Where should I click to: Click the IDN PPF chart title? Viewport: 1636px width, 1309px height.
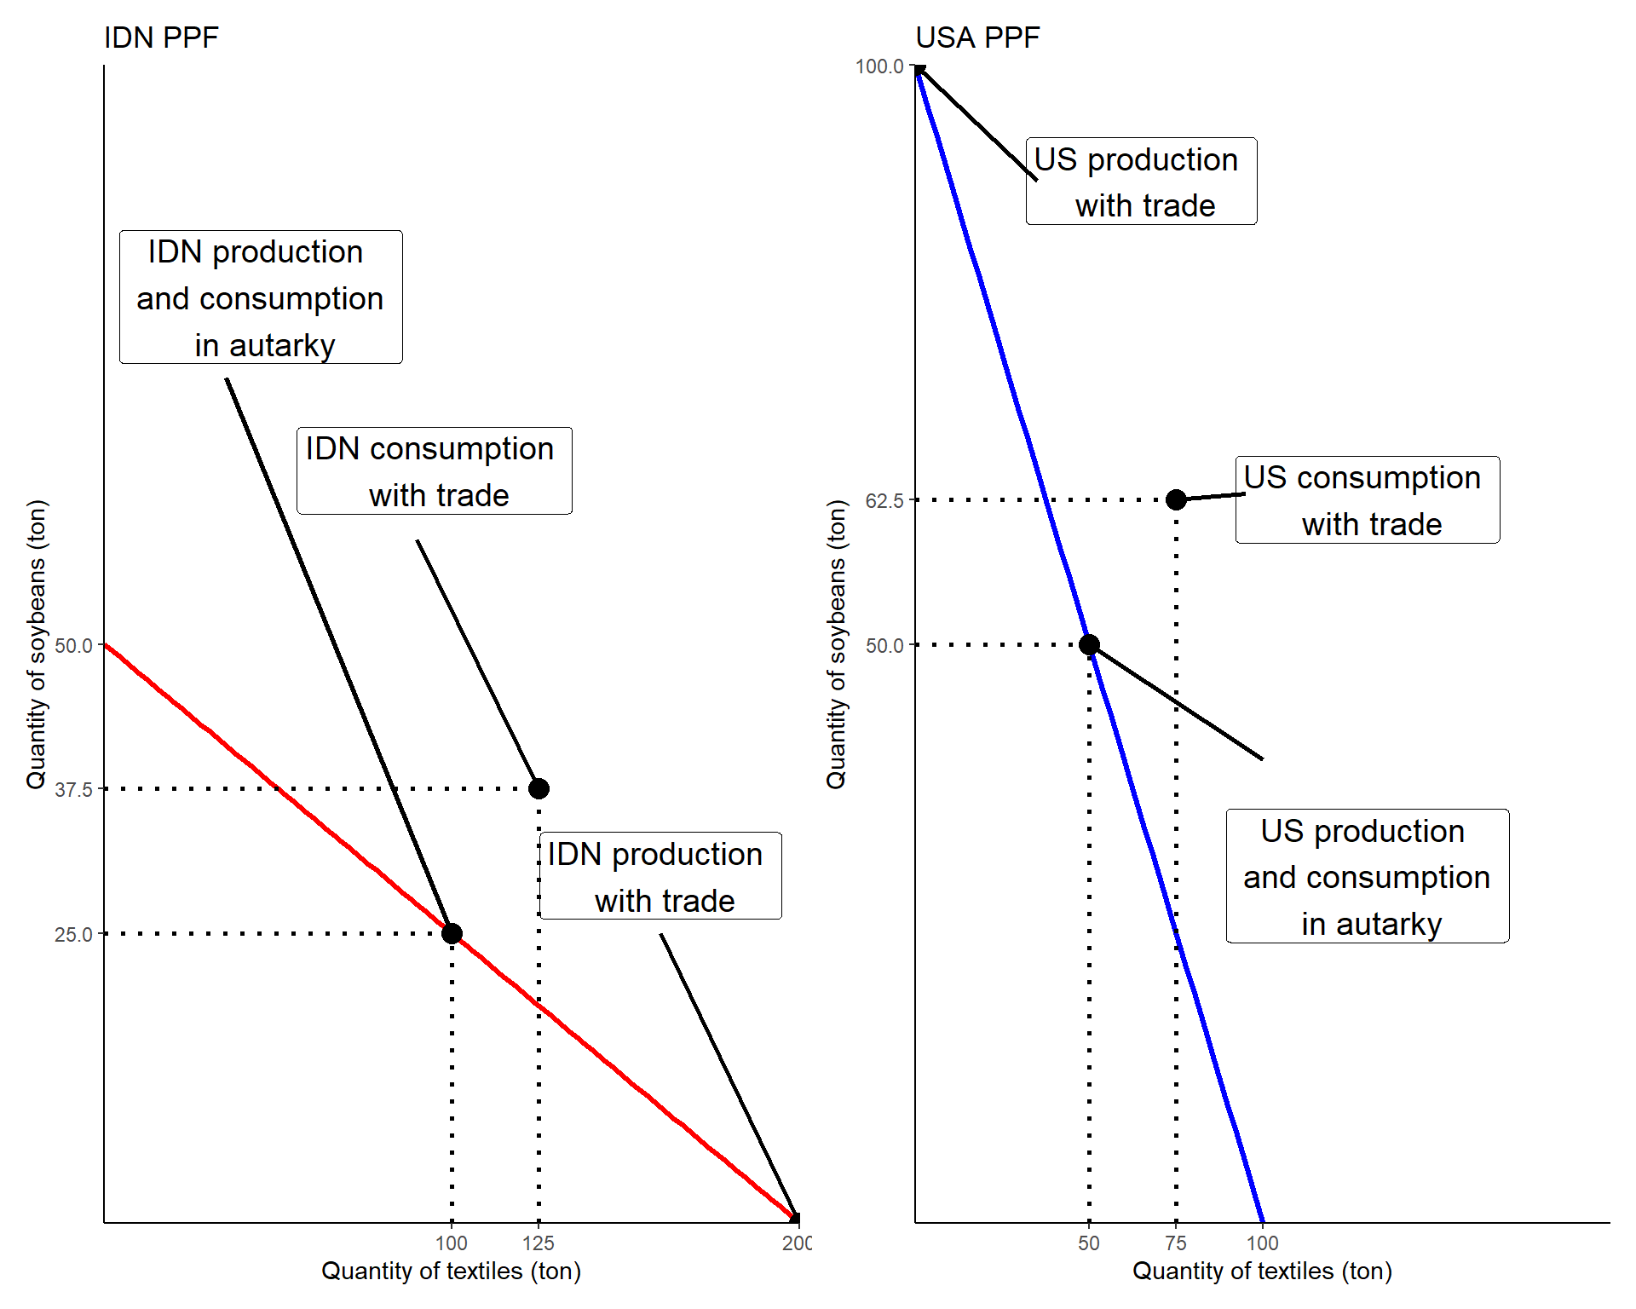coord(161,37)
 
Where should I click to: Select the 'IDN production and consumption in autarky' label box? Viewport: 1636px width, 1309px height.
coord(261,297)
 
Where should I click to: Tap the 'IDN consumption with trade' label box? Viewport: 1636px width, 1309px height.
coord(434,471)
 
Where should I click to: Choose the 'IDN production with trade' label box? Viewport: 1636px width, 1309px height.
coord(660,876)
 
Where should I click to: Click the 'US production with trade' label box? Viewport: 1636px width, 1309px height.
coord(1141,182)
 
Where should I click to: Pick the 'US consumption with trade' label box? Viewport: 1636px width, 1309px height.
coord(1367,500)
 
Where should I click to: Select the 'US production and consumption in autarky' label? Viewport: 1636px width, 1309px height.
coord(1367,876)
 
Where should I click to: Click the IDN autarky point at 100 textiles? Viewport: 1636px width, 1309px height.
coord(452,934)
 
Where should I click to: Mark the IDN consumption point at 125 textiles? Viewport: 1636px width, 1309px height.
coord(539,789)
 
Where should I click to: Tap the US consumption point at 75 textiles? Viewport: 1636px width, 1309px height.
coord(1176,499)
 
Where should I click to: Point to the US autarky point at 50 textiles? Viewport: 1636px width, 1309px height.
coord(1089,645)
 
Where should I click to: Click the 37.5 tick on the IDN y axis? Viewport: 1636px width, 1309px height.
coord(74,790)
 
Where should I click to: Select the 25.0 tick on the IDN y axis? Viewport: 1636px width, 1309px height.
coord(74,935)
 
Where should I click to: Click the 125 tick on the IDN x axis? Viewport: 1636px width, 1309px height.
coord(539,1243)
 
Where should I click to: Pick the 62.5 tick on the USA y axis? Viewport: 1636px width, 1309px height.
coord(884,501)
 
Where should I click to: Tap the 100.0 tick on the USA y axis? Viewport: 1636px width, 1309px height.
coord(879,66)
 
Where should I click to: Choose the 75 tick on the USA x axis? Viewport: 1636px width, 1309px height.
coord(1176,1243)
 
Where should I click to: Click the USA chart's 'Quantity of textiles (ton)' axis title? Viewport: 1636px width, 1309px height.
coord(1262,1272)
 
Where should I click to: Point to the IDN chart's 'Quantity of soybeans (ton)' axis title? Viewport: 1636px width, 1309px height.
coord(37,644)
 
